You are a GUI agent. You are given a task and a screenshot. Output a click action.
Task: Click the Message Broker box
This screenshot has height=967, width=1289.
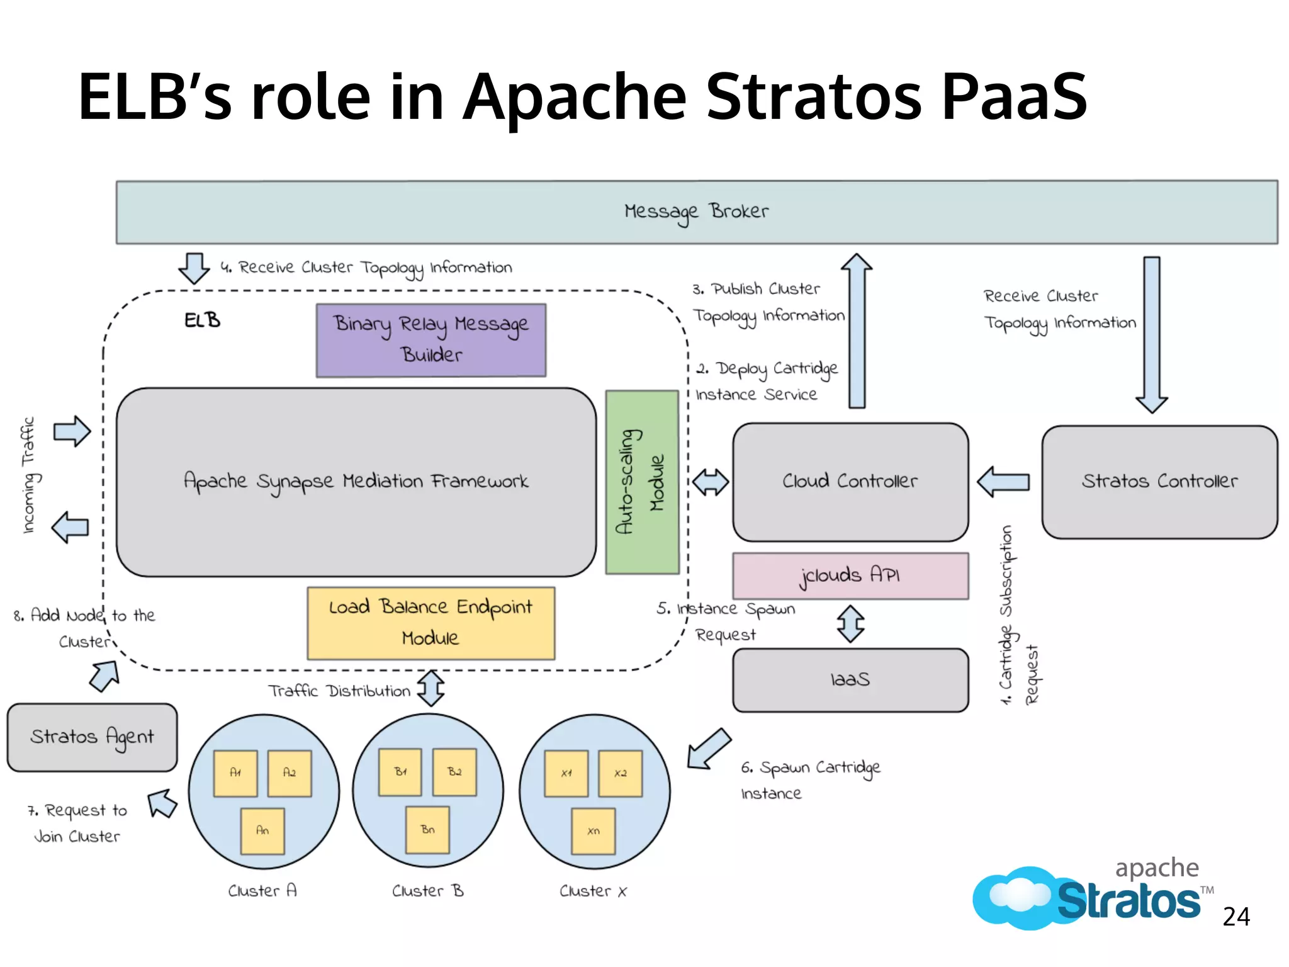click(696, 212)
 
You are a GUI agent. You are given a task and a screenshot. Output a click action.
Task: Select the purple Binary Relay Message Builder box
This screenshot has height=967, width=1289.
click(431, 341)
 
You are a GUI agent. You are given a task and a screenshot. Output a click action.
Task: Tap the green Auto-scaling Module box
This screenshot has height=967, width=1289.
click(642, 482)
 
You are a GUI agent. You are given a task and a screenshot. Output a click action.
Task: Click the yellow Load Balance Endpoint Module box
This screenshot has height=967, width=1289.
click(431, 623)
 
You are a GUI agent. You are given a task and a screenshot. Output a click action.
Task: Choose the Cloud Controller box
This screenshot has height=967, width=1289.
click(850, 482)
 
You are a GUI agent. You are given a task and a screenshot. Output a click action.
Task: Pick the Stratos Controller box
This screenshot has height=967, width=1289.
click(1159, 482)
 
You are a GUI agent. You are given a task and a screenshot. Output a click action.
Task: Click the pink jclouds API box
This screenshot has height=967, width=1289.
click(850, 575)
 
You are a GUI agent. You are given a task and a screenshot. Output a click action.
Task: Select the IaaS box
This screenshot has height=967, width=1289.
click(850, 680)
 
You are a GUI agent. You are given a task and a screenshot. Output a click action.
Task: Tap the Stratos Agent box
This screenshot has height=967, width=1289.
click(92, 737)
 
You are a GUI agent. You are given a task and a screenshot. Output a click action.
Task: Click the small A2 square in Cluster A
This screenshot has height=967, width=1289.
click(290, 773)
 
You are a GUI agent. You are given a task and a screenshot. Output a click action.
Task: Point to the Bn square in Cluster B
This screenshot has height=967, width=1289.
click(428, 830)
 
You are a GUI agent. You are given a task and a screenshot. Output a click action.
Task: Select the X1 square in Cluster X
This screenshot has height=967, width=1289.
click(566, 774)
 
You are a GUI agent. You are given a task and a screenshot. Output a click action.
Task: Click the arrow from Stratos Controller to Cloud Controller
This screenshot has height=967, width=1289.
click(1004, 482)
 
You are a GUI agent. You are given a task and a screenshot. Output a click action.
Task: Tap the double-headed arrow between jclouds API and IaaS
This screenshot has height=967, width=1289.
click(850, 624)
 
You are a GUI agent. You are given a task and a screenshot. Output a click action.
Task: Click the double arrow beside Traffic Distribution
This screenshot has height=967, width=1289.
click(431, 688)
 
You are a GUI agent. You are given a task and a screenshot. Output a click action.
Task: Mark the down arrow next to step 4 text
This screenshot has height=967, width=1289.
click(194, 268)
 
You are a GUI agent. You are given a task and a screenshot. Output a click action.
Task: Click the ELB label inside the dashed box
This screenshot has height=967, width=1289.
click(202, 320)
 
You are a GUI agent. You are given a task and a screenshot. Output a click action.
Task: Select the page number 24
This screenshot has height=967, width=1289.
click(1236, 917)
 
